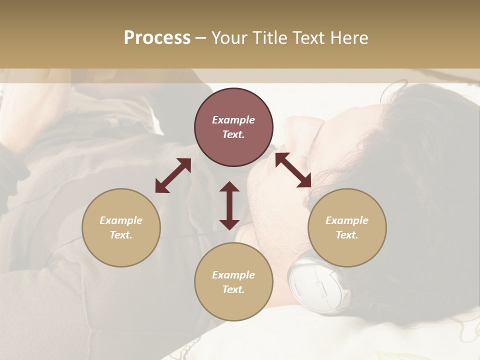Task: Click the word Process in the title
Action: point(157,38)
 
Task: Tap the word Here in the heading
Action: point(349,38)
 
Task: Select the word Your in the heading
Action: point(227,38)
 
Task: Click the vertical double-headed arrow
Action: point(229,205)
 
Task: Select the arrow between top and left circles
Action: point(173,175)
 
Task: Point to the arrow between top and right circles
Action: point(293,170)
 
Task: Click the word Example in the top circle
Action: point(233,120)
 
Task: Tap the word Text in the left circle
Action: point(121,235)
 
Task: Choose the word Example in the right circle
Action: point(347,220)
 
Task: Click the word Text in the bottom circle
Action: point(233,289)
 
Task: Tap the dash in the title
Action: point(200,38)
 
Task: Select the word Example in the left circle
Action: point(121,220)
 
